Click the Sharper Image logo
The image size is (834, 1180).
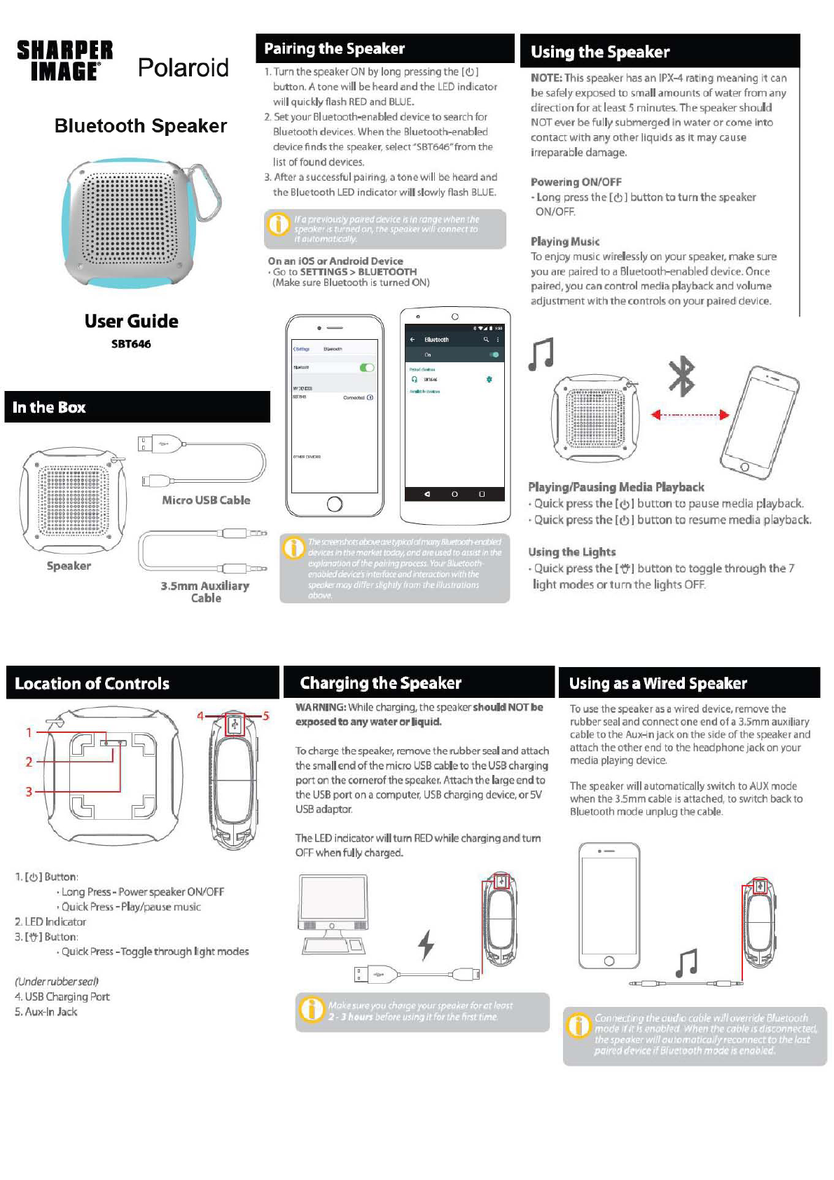click(64, 60)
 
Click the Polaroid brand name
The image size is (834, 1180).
click(183, 68)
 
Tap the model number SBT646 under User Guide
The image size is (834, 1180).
click(131, 344)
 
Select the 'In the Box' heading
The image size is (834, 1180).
click(49, 407)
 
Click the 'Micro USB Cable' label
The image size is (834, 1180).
click(206, 500)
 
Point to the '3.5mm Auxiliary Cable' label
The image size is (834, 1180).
click(205, 591)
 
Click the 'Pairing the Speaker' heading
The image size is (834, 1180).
click(334, 49)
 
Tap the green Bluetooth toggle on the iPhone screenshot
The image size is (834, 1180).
click(366, 367)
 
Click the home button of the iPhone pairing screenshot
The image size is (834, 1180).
click(335, 503)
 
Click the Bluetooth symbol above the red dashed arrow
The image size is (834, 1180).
click(681, 376)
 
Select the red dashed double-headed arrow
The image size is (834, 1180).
click(690, 415)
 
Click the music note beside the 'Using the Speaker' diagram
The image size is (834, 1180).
click(541, 354)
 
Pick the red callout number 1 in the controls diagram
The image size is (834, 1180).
click(29, 732)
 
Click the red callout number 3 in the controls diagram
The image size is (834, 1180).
click(29, 792)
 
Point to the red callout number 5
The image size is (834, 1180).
click(266, 716)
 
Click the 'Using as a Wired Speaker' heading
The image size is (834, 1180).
click(658, 683)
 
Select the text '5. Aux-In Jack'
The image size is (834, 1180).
click(46, 1012)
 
